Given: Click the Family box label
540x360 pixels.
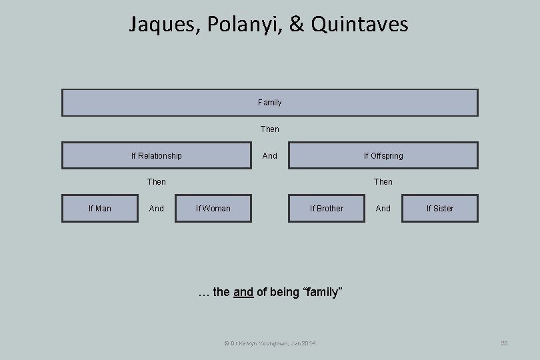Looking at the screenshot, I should tap(269, 103).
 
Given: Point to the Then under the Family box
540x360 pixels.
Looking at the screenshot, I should tap(269, 129).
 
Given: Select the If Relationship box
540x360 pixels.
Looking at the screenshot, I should tap(157, 155).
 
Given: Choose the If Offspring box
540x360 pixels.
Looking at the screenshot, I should tap(383, 155).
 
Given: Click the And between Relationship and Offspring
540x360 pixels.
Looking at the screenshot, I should tap(269, 155).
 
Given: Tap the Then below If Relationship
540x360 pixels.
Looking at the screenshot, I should tap(157, 181).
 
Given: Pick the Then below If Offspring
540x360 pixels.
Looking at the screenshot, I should tap(383, 181).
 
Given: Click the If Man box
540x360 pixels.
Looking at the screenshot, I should tap(100, 209).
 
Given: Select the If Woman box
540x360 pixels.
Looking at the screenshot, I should tap(213, 209).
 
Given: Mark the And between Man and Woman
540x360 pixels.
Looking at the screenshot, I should tap(157, 209).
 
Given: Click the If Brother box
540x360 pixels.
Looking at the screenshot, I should tap(327, 209).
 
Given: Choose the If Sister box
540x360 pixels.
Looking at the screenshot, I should tap(440, 209).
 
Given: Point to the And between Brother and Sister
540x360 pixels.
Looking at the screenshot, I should tap(383, 209).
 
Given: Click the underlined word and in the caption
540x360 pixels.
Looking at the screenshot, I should tap(243, 292).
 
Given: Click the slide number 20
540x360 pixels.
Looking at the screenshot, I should tap(504, 343).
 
